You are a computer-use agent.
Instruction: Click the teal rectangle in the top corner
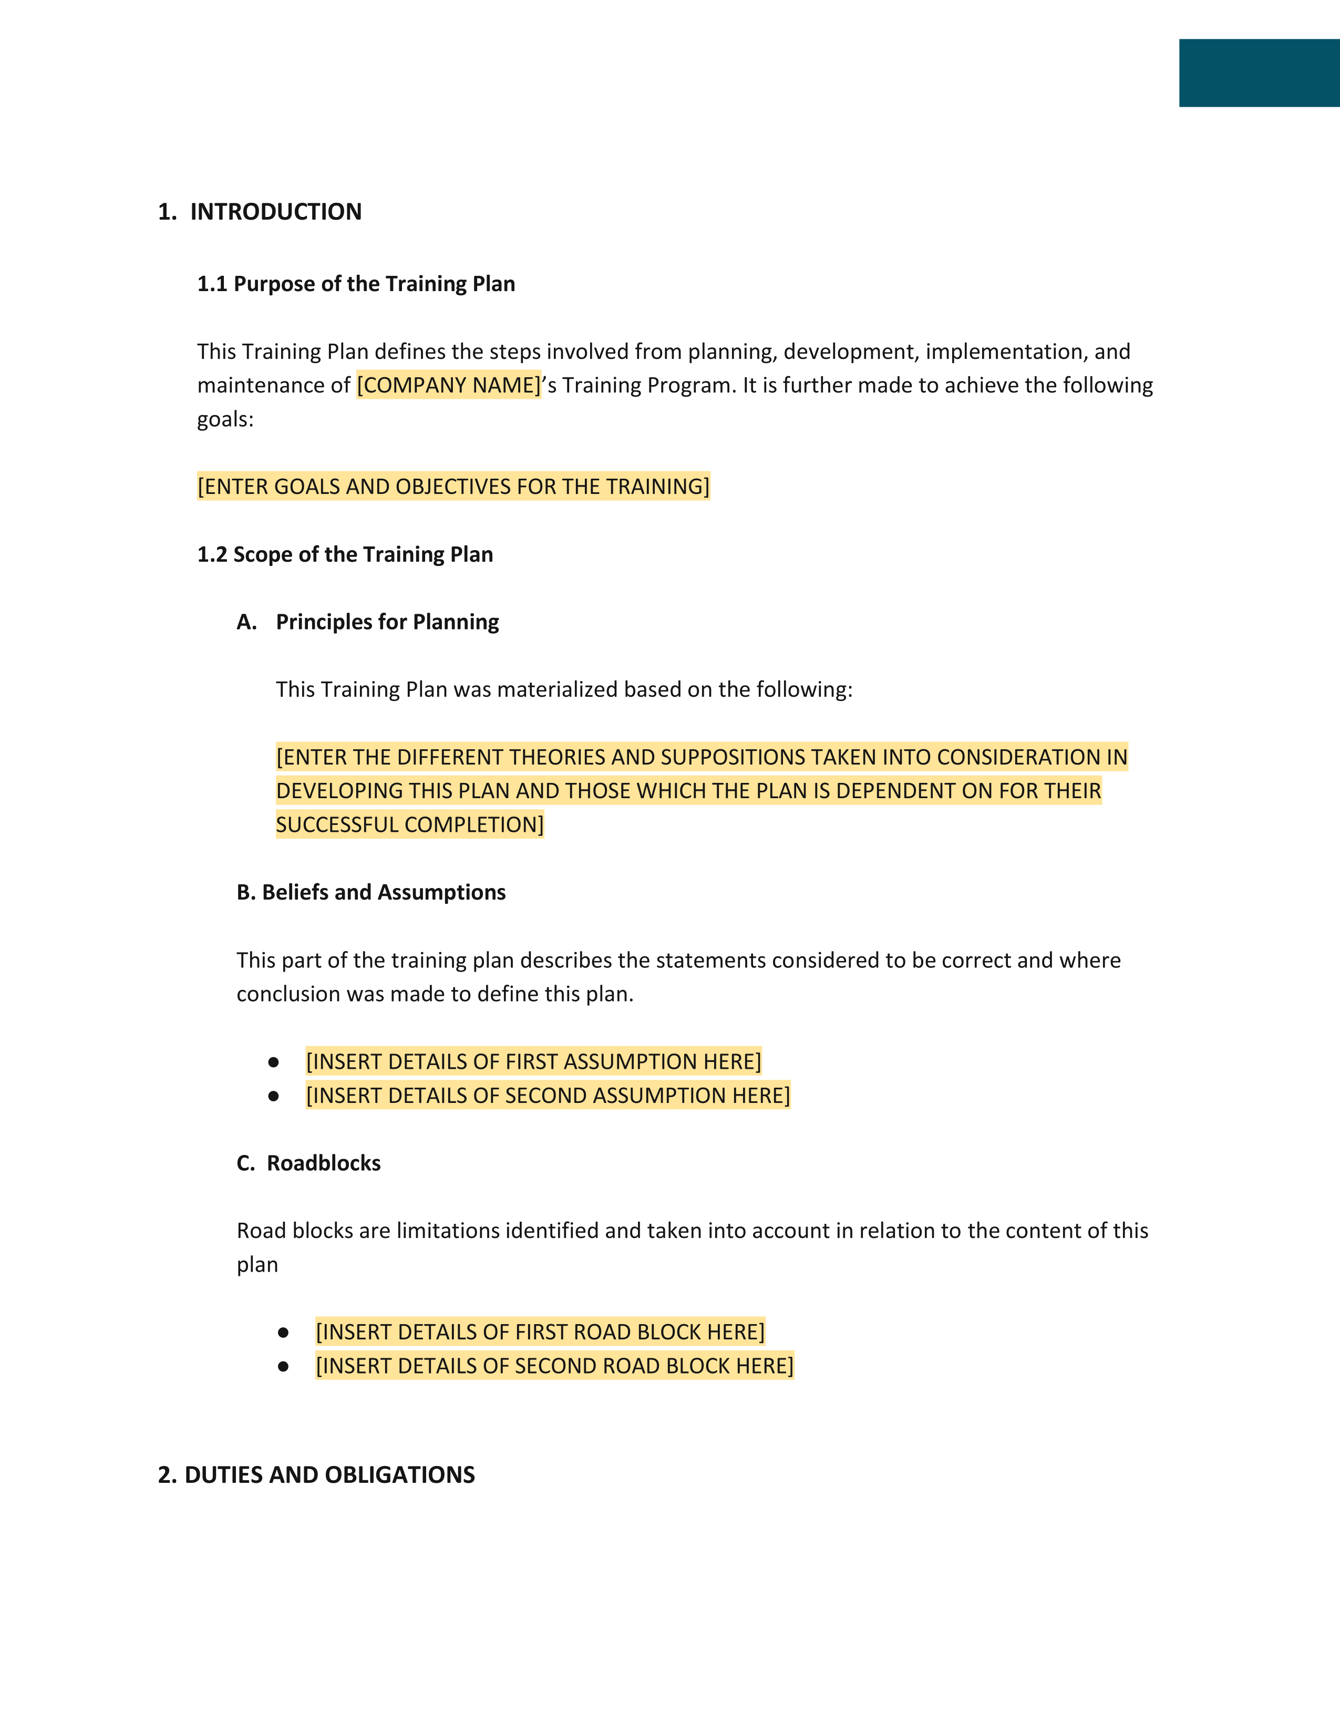(x=1259, y=73)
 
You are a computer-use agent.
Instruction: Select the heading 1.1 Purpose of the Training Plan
(x=356, y=284)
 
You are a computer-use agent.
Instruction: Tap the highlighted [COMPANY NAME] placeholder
(x=449, y=385)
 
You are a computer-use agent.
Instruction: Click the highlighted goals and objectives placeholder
(x=453, y=486)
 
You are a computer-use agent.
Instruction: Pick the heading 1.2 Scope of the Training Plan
(x=345, y=554)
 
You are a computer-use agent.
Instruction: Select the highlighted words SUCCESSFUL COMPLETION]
(x=410, y=825)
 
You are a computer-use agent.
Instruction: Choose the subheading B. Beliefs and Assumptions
(x=370, y=892)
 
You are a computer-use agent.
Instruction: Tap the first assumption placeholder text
(x=533, y=1061)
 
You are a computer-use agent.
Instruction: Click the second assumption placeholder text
(x=548, y=1096)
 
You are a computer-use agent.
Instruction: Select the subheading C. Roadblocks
(x=309, y=1163)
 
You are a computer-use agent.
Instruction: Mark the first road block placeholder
(x=540, y=1332)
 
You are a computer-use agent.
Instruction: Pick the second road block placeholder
(x=554, y=1366)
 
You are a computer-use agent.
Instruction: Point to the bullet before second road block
(x=283, y=1366)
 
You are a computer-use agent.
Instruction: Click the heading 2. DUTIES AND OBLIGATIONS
(x=316, y=1475)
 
